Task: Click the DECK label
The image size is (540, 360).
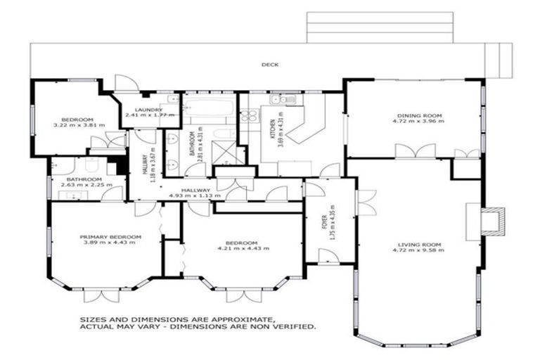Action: tap(270, 65)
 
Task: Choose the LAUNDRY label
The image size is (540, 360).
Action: tap(144, 109)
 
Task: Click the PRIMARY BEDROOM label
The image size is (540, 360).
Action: tap(111, 237)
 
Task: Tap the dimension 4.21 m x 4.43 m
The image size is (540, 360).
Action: tap(243, 248)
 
